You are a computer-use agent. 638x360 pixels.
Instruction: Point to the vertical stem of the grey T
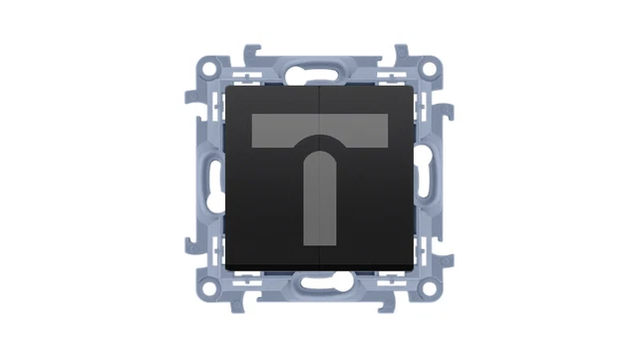click(x=319, y=199)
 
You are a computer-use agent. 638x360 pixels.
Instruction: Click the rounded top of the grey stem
click(x=319, y=155)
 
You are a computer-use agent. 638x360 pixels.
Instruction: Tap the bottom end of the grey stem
click(x=319, y=242)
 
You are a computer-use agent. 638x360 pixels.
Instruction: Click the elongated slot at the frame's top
click(x=319, y=71)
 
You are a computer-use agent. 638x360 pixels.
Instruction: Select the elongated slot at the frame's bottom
click(x=319, y=289)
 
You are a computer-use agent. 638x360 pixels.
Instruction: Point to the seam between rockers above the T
click(x=319, y=100)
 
